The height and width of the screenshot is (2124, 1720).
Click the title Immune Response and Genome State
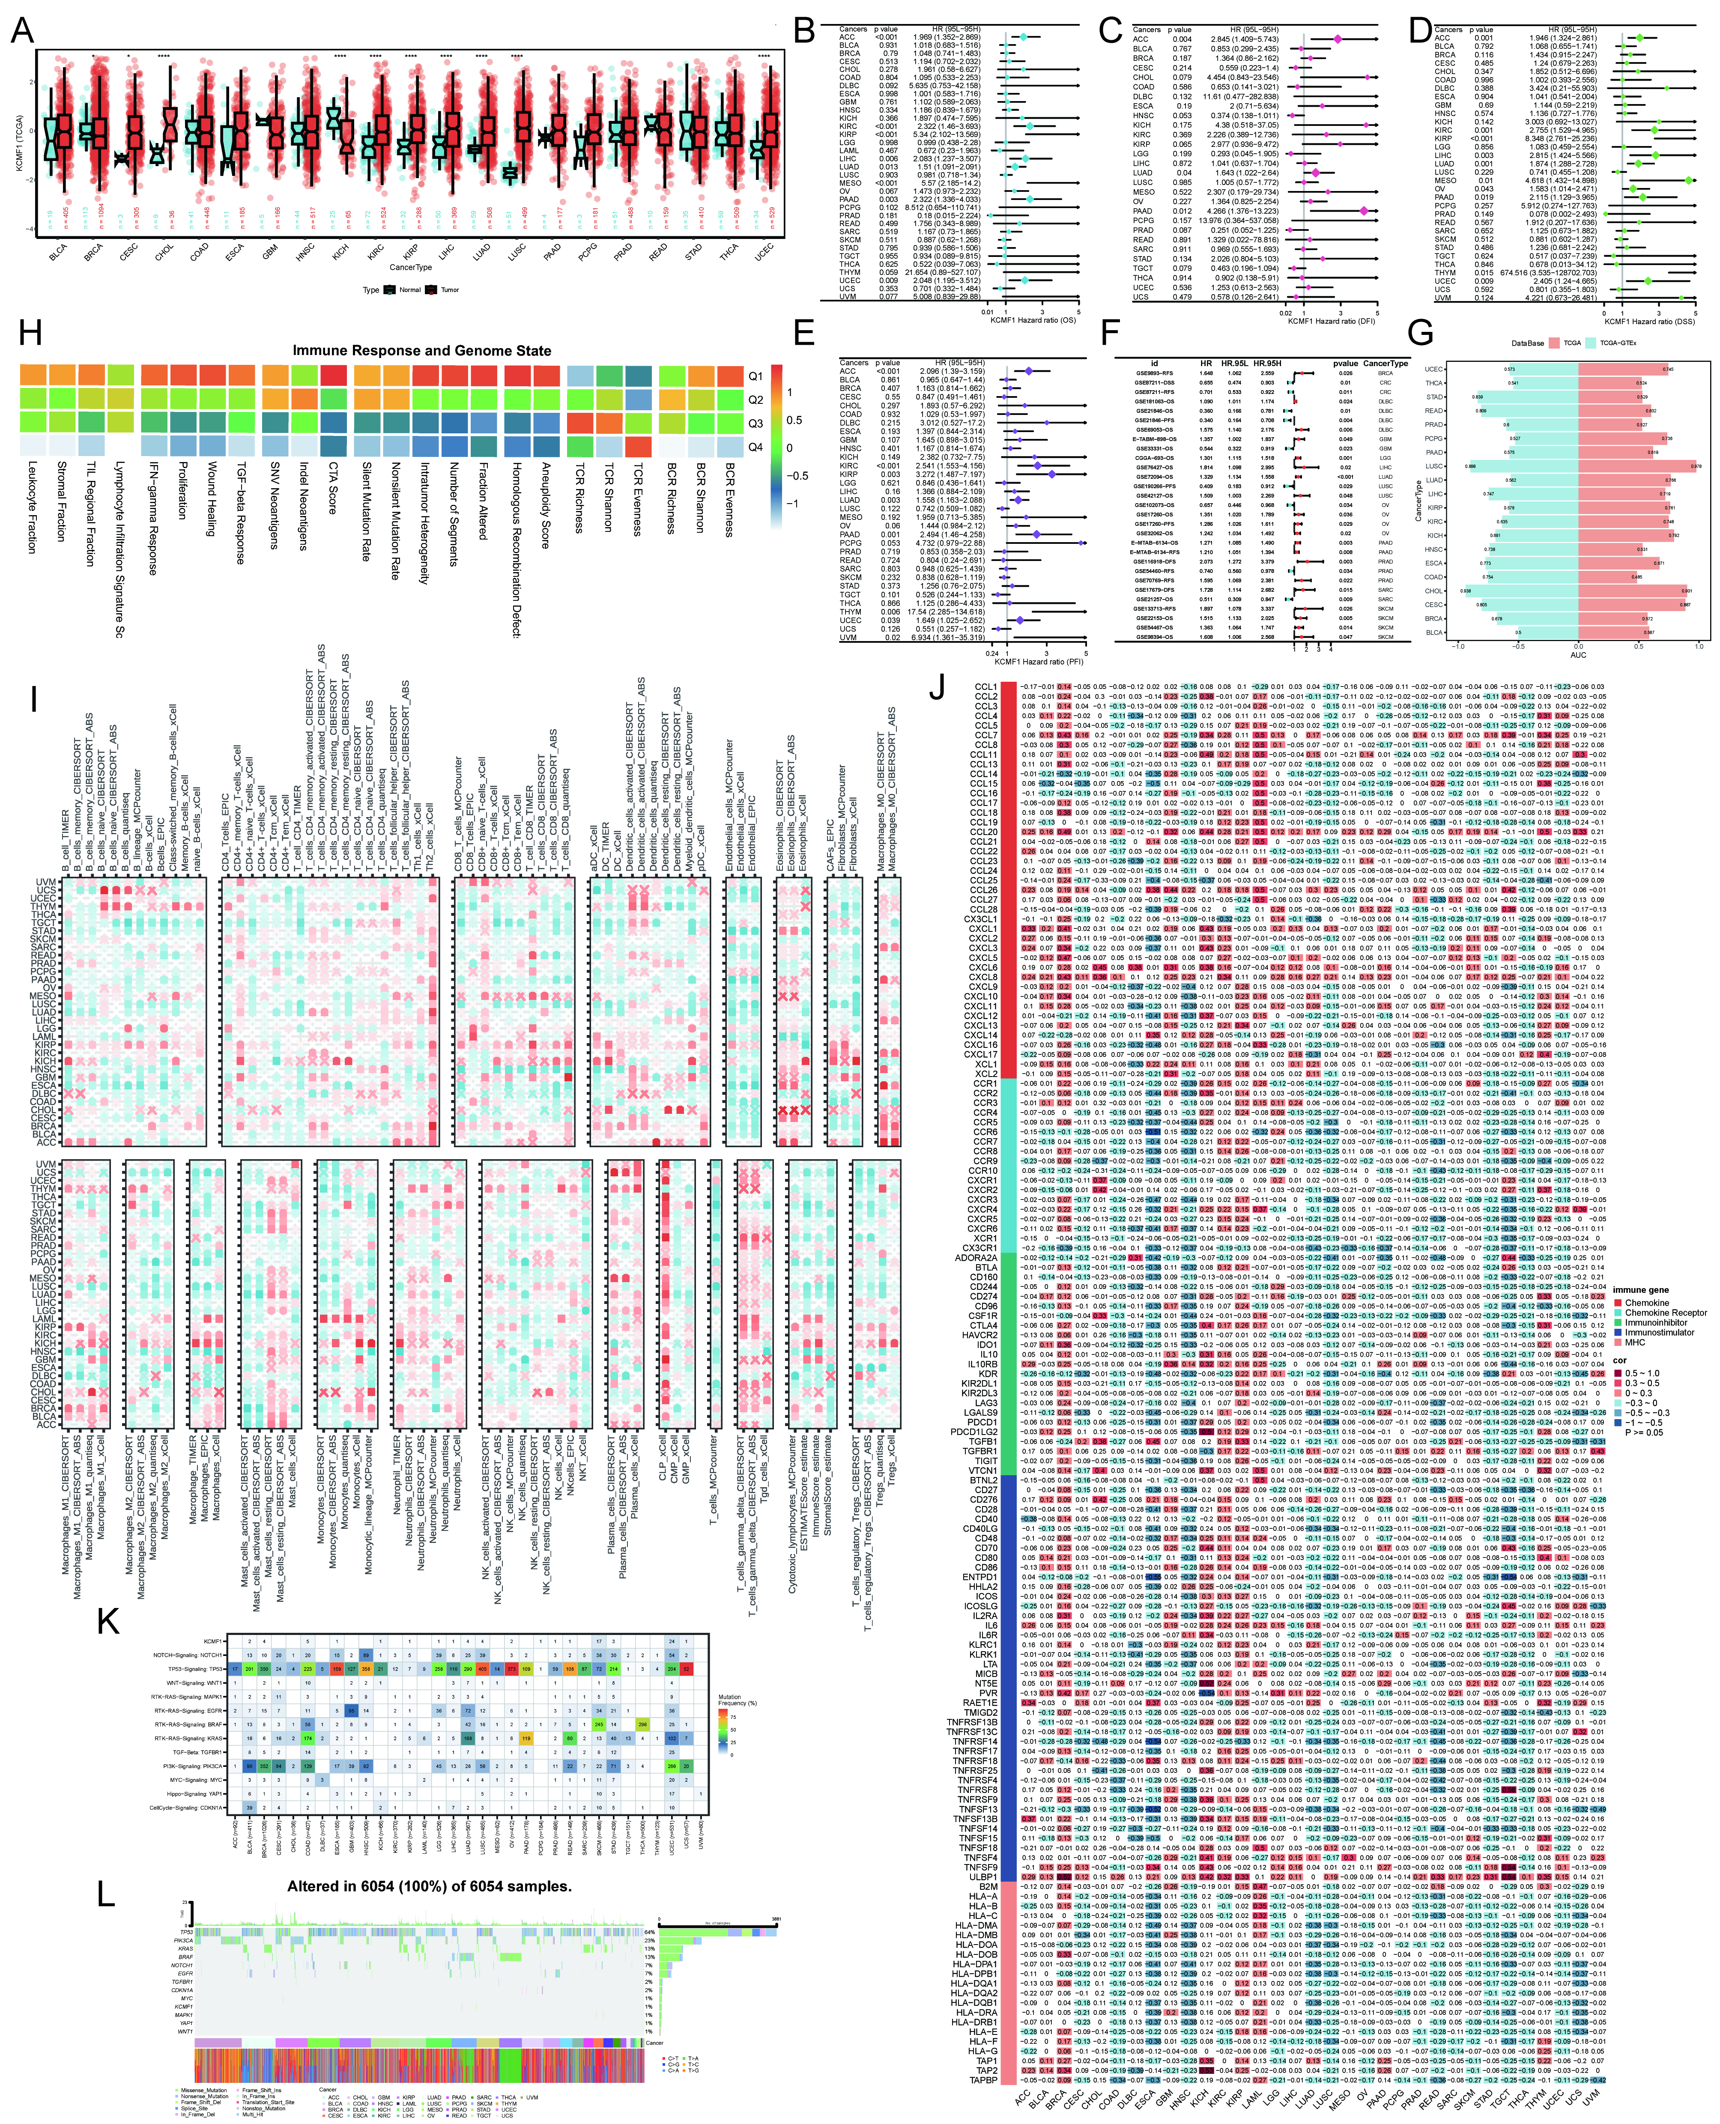(x=421, y=351)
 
